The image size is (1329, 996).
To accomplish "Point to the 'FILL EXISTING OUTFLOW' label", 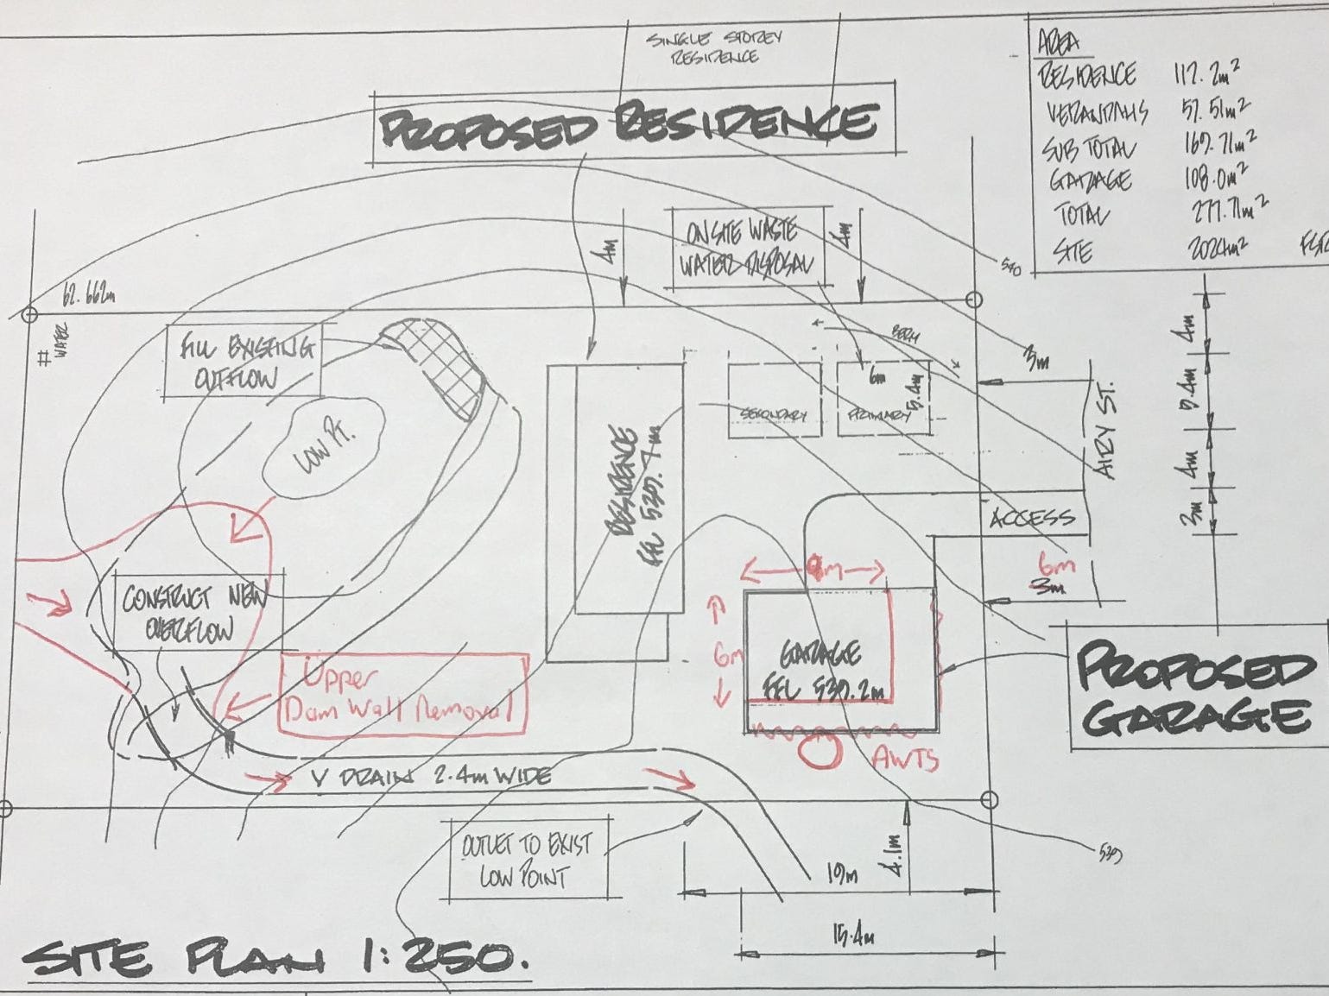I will pos(242,362).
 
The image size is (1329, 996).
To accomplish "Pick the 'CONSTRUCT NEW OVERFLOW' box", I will pos(195,613).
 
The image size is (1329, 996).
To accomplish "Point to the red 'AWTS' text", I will pos(906,759).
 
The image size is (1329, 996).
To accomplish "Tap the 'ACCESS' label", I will pos(1033,519).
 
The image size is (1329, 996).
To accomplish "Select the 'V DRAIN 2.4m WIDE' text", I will pos(430,776).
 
